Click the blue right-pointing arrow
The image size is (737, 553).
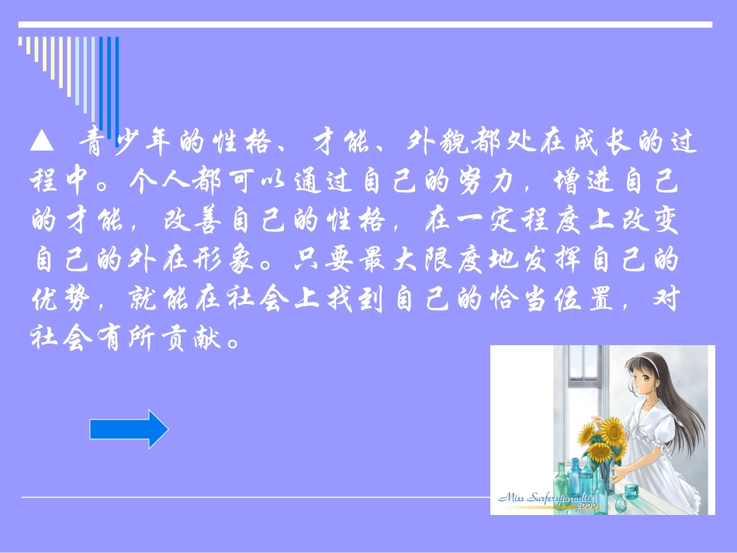129,429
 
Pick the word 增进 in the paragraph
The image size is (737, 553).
573,183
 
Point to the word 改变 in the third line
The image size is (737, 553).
656,223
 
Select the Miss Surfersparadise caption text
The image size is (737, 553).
546,499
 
